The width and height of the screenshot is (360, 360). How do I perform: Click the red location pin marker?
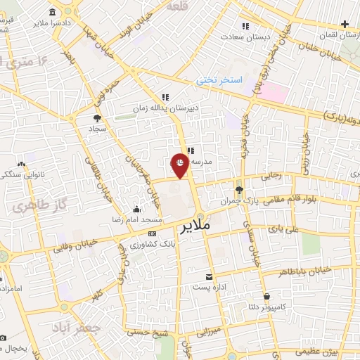181,164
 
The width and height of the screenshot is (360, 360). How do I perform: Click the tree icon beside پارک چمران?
239,190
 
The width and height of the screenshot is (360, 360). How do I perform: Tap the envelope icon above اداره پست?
208,278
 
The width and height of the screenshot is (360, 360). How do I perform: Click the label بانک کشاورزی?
152,243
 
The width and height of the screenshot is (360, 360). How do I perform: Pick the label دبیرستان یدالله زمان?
165,108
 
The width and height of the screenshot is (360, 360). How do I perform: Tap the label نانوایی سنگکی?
20,174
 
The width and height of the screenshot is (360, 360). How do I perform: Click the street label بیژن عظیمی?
323,349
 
